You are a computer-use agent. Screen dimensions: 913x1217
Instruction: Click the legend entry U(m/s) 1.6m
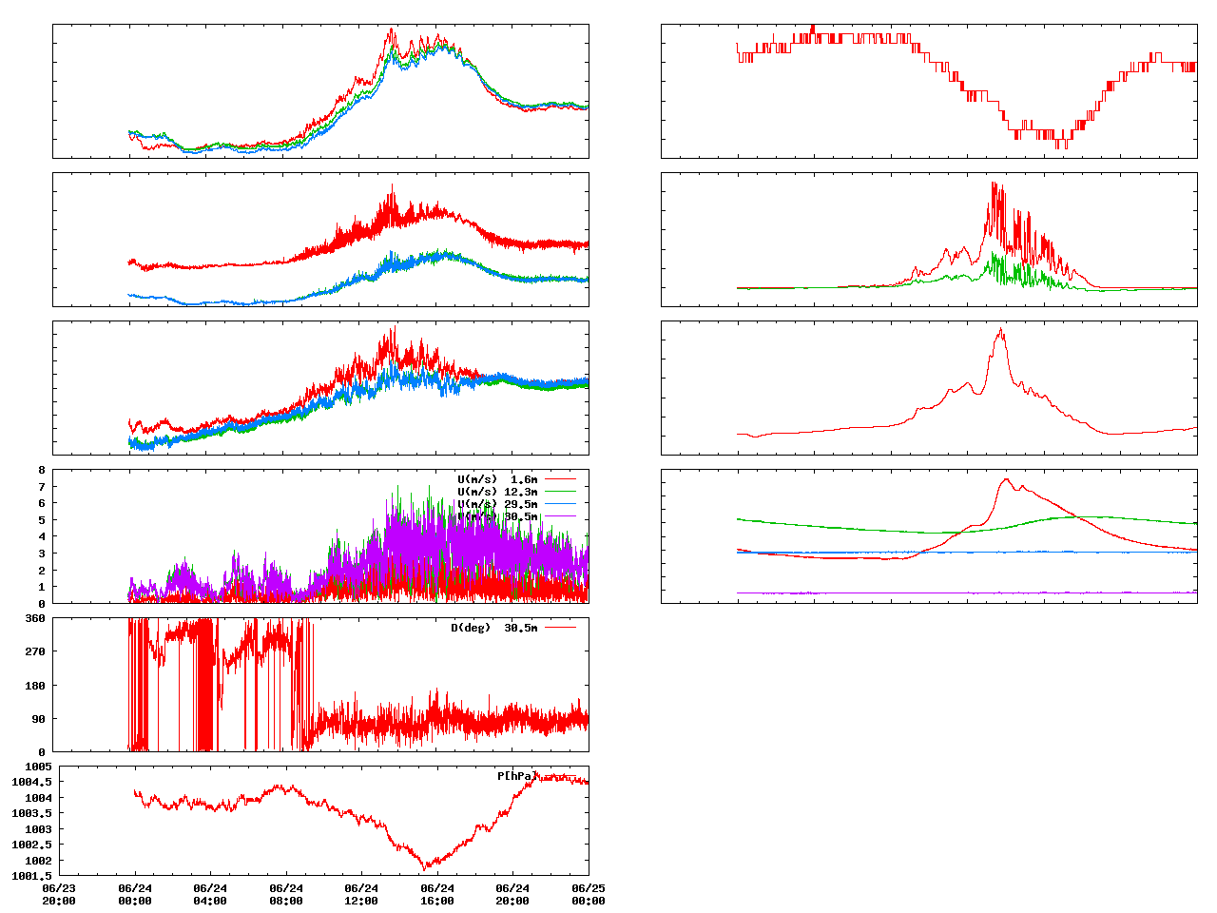coord(497,478)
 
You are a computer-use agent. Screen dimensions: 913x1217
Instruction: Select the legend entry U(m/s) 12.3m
coord(497,491)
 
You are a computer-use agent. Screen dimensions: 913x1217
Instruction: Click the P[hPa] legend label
coord(516,776)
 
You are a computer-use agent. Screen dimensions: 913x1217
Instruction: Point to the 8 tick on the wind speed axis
coord(41,470)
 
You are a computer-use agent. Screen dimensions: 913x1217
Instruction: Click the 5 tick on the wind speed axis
coord(41,520)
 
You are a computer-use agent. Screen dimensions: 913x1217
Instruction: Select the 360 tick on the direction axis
coord(35,618)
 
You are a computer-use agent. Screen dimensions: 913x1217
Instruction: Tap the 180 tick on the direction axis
coord(35,686)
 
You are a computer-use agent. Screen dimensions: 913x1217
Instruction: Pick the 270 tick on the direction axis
coord(35,651)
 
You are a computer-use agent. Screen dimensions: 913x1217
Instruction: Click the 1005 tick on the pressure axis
coord(38,767)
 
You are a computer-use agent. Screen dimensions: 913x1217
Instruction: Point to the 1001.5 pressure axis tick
coord(31,876)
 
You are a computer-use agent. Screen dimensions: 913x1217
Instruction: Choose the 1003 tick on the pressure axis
coord(38,829)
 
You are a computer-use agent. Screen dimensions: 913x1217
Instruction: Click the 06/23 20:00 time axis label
coord(59,894)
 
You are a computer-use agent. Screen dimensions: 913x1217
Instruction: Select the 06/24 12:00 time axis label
coord(361,894)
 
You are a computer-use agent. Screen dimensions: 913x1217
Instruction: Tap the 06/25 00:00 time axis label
coord(588,894)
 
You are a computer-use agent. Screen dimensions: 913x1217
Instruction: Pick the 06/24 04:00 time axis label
coord(210,894)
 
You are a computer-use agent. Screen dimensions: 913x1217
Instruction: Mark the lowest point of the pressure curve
coord(425,868)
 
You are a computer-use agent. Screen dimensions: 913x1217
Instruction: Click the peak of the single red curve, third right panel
coord(1000,329)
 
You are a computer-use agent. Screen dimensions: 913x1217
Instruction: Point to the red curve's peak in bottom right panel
coord(1007,479)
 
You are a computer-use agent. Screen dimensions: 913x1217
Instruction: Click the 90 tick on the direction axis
coord(38,719)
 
